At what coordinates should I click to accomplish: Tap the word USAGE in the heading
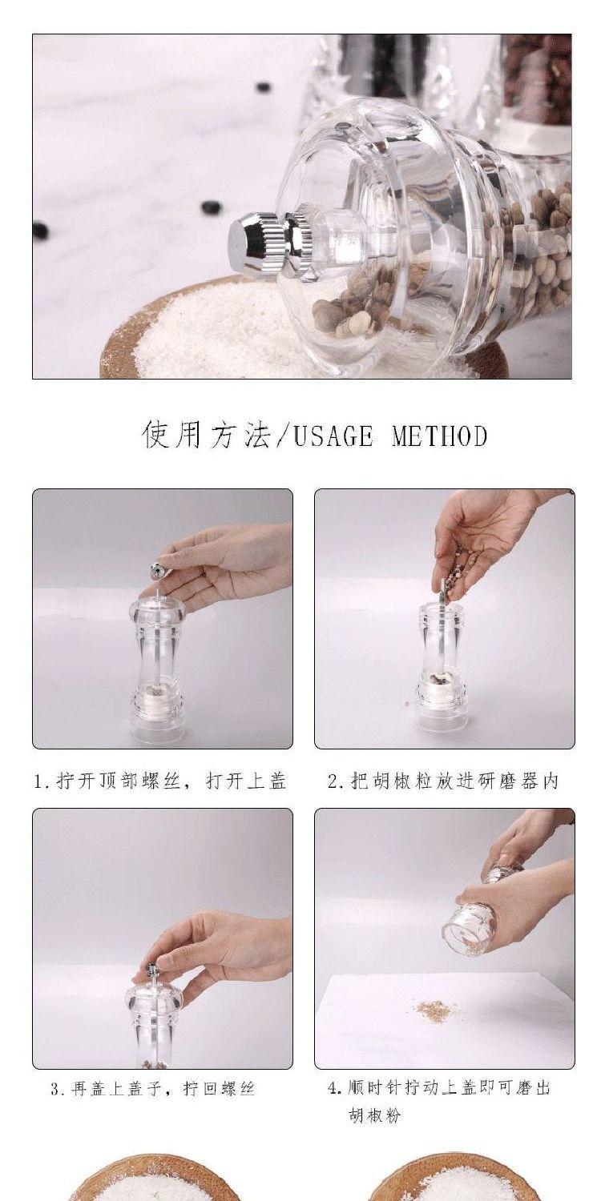(333, 436)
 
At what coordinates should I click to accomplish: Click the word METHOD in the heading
(439, 436)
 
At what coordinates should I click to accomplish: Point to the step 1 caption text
(159, 781)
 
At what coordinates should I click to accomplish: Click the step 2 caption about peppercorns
(443, 781)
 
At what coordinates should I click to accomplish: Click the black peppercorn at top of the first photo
(262, 86)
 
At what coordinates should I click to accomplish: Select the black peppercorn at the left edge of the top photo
(40, 231)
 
